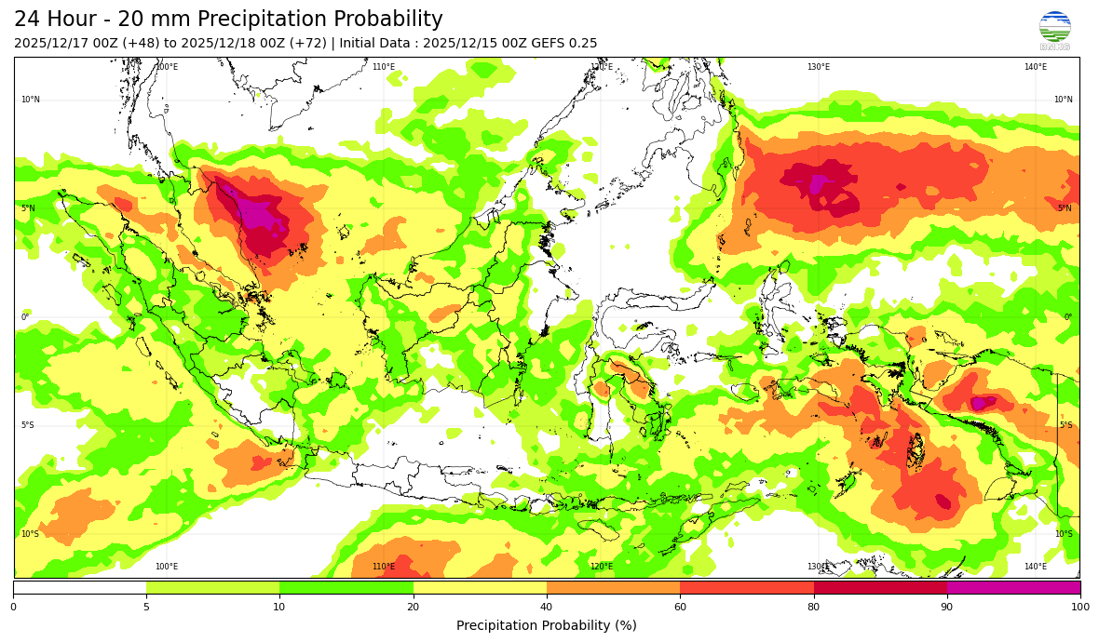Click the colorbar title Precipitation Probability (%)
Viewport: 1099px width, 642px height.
(547, 625)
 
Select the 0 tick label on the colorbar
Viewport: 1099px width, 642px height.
(13, 607)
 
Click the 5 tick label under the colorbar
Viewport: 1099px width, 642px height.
(146, 607)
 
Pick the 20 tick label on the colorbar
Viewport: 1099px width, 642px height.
(414, 607)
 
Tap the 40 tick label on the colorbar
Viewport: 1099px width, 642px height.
(547, 607)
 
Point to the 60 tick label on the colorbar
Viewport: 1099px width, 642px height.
(680, 607)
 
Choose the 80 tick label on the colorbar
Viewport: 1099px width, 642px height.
(814, 607)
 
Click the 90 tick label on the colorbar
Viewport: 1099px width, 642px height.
(947, 607)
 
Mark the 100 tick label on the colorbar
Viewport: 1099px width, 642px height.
(1079, 607)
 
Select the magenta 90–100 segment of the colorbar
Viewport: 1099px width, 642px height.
(1013, 587)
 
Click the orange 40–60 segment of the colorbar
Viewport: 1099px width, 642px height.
(613, 587)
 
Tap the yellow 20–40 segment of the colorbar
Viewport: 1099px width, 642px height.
(480, 587)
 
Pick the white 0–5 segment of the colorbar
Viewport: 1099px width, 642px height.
(79, 587)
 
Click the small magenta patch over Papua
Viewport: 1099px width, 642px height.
(979, 403)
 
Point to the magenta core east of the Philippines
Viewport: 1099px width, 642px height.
(818, 183)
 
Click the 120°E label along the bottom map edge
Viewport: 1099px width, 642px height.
(601, 567)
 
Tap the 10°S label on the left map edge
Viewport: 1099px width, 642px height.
(30, 534)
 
